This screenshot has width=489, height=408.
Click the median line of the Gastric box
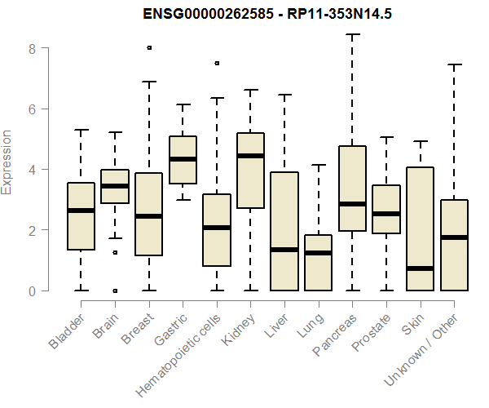tap(183, 158)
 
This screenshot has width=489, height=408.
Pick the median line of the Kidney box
tap(250, 155)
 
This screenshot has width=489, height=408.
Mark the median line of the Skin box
tap(420, 268)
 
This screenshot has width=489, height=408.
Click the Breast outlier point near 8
tap(148, 48)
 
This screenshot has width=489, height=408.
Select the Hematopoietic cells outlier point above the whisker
tap(217, 63)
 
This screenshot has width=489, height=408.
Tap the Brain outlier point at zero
tap(115, 290)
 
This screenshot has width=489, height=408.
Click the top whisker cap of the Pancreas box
tap(352, 34)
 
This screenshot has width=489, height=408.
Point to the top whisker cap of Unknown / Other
tap(454, 64)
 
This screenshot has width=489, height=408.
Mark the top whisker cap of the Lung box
tap(318, 165)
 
